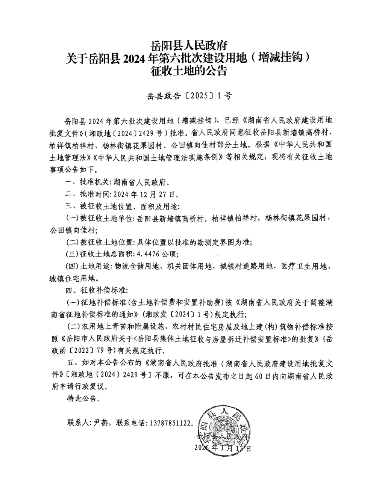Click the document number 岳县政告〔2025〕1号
point(188,96)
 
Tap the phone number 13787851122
point(170,422)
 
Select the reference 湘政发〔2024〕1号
point(177,314)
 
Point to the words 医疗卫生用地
point(305,266)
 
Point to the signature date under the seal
point(222,448)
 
